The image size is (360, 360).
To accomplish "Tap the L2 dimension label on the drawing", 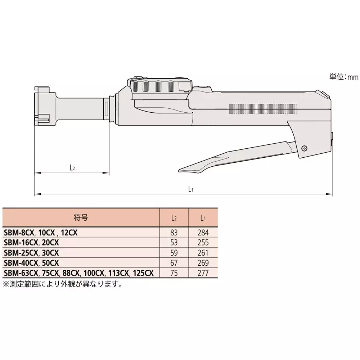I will tap(72, 167).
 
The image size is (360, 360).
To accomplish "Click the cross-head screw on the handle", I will tap(305, 148).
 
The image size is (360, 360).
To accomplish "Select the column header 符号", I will tap(82, 218).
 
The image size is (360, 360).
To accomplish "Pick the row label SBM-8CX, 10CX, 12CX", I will tap(40, 233).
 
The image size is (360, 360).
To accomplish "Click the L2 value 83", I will tap(174, 233).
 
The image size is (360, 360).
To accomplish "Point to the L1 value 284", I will tap(203, 233).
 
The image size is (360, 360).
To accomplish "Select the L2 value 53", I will tap(174, 243).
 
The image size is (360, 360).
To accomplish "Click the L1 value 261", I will tap(203, 253).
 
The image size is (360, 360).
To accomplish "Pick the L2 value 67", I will tap(174, 263).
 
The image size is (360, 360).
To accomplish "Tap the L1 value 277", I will tap(203, 273).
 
